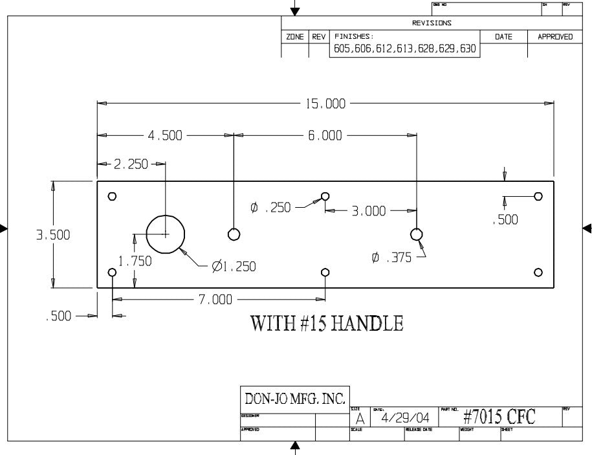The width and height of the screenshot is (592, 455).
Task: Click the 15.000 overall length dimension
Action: click(x=325, y=103)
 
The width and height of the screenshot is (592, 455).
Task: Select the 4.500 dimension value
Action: click(x=165, y=135)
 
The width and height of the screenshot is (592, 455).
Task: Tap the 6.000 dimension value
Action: click(x=325, y=135)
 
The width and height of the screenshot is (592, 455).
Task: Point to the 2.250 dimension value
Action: click(x=131, y=164)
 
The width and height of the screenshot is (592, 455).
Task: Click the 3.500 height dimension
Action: click(x=53, y=235)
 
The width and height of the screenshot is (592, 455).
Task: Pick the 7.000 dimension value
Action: click(x=215, y=300)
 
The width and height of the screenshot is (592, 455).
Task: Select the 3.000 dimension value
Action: click(x=369, y=210)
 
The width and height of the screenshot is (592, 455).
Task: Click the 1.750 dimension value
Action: click(x=135, y=261)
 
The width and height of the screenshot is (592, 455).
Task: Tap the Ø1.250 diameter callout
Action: click(x=234, y=267)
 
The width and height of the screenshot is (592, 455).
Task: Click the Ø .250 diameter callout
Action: click(x=270, y=208)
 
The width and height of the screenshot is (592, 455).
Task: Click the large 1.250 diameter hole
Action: click(x=166, y=234)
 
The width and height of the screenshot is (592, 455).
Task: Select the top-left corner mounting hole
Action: click(x=113, y=196)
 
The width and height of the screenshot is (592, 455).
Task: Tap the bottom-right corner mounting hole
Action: click(x=538, y=272)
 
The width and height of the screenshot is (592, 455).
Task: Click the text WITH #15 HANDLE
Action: click(x=327, y=323)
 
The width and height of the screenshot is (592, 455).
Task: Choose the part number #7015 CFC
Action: click(x=499, y=417)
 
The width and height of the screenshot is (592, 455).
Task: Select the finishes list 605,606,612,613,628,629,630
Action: click(x=404, y=49)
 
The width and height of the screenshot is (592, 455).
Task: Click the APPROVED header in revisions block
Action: click(x=555, y=37)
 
